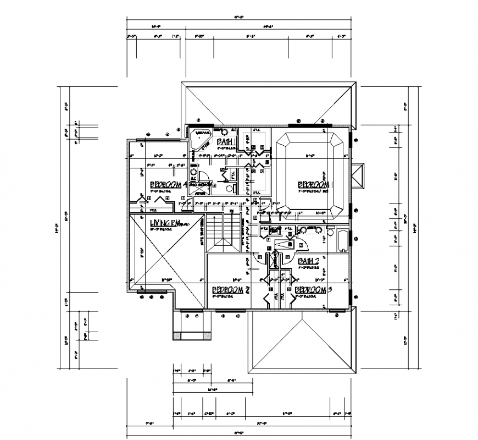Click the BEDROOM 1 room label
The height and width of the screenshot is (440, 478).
pos(315,185)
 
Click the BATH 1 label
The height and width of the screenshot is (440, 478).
pos(226,142)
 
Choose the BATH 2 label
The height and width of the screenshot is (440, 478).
pos(308,261)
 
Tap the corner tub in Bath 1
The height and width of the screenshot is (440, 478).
pos(200,134)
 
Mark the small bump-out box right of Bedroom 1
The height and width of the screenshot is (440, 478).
pos(358,177)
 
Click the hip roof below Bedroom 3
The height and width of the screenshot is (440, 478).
pos(301,341)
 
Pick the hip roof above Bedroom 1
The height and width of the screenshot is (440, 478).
pos(269,102)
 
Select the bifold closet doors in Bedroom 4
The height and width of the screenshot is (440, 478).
pos(159,200)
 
